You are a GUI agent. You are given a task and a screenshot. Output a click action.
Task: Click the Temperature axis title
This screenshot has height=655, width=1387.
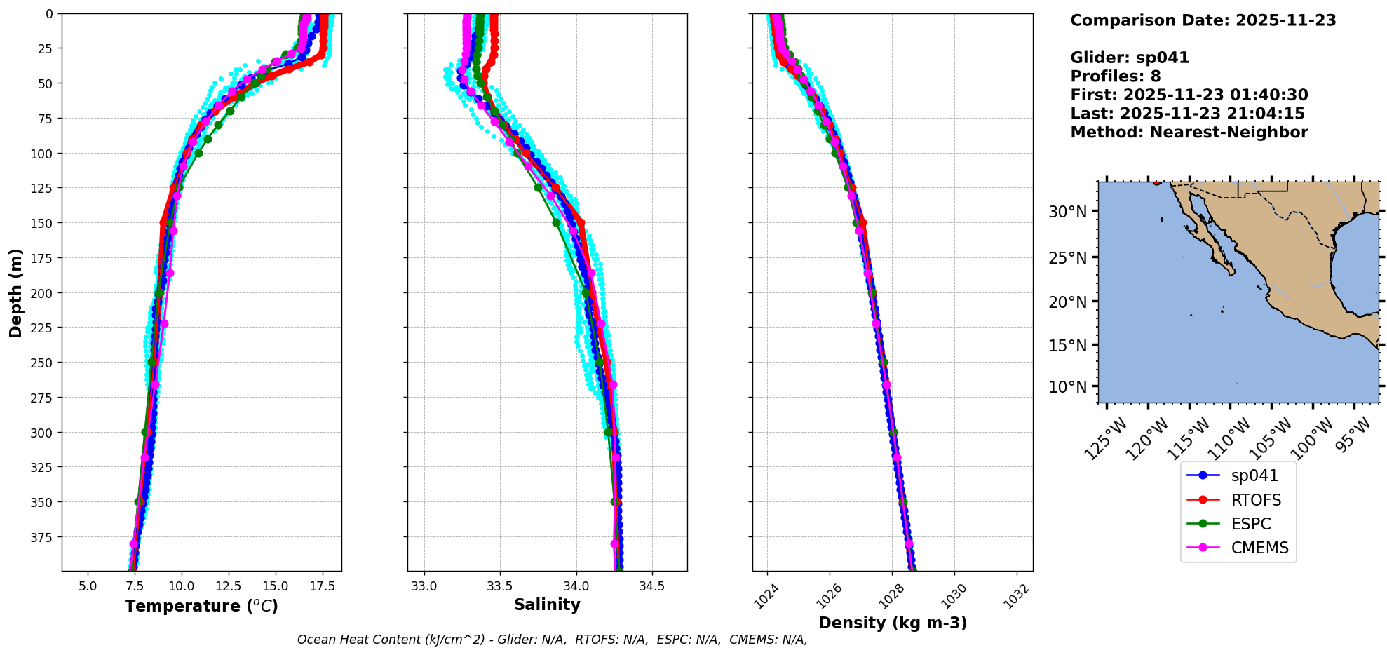pos(201,606)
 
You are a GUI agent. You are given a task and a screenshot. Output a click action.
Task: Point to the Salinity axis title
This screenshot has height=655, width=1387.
pos(547,605)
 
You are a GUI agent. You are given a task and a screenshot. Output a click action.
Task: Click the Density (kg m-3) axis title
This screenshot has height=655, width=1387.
pos(893,623)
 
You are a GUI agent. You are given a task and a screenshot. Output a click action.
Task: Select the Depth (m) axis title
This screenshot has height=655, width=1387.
pos(16,292)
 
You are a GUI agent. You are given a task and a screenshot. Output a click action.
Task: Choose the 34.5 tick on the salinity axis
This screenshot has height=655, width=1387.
pos(652,586)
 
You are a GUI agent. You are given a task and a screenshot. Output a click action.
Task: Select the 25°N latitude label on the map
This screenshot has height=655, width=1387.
pos(1067,258)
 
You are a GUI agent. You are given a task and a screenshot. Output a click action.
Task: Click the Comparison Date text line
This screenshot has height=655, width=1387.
pos(1203,20)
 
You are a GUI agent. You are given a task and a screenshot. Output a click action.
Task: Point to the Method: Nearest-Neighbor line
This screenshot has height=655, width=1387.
pos(1189,133)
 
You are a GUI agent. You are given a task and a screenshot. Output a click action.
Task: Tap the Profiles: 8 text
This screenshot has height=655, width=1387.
pos(1115,76)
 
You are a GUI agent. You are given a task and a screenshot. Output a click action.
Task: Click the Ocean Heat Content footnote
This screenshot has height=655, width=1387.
pos(552,640)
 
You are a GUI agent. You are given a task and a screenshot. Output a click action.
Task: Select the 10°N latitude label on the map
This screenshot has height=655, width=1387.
pos(1067,387)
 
